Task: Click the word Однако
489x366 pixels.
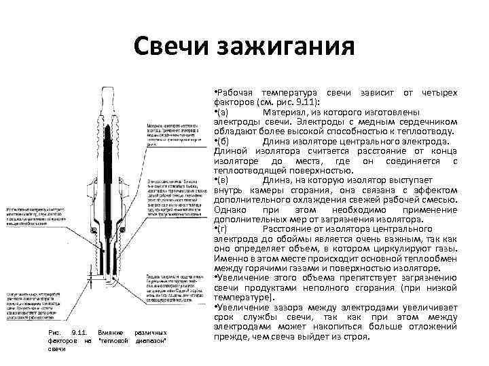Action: point(232,209)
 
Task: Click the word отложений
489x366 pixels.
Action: point(429,327)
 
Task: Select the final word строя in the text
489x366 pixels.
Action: point(356,337)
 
